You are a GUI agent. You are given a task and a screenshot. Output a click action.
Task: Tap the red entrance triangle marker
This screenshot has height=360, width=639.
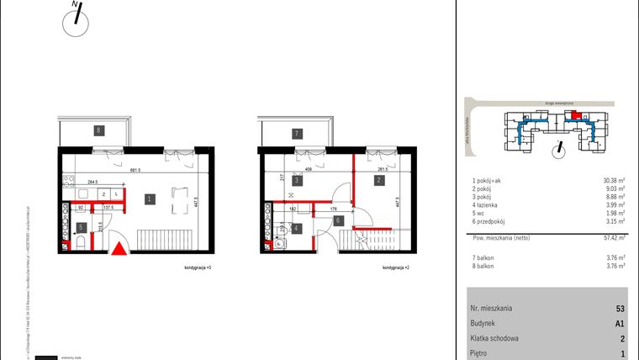120,248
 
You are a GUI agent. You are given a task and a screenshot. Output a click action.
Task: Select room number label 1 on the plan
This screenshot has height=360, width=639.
148,199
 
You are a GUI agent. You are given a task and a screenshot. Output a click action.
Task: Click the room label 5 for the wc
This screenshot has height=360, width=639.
81,226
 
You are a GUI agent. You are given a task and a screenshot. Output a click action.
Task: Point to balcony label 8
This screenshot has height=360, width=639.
98,130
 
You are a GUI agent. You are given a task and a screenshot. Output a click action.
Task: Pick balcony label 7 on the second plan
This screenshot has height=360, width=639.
297,133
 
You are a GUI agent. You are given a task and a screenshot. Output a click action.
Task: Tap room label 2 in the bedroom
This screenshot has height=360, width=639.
380,180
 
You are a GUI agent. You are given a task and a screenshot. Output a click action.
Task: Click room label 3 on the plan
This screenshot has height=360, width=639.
297,180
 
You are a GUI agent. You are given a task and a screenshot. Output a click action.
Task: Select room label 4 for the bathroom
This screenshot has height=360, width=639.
297,227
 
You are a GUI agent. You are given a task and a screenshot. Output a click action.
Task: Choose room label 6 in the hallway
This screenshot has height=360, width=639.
337,220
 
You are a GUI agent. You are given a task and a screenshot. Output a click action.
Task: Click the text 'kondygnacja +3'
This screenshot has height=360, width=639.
197,267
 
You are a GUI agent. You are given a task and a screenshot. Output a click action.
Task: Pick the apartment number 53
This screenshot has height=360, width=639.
620,309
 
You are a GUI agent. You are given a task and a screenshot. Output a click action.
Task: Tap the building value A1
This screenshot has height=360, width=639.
620,323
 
